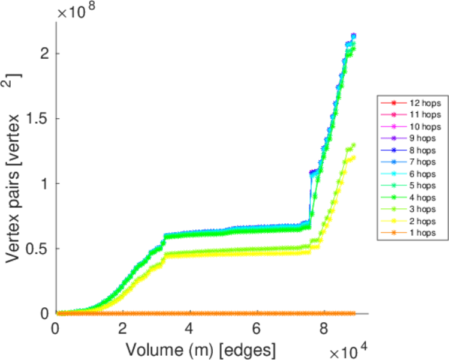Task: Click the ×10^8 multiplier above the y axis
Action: click(75, 10)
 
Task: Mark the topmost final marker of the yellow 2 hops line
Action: click(353, 158)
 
